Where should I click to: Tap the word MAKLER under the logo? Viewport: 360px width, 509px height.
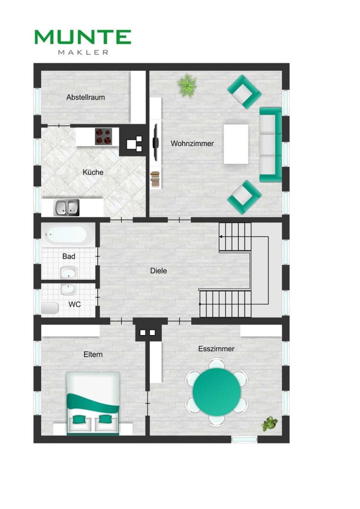pos(83,52)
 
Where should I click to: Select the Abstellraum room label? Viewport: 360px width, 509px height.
pos(86,97)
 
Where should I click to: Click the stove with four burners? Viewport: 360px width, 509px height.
pos(104,136)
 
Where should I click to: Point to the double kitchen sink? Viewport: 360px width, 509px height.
pos(66,208)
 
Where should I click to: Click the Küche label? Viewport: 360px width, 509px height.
pos(93,172)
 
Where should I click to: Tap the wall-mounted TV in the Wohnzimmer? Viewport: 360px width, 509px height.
pos(156,142)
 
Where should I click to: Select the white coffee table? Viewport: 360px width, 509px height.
pos(236,144)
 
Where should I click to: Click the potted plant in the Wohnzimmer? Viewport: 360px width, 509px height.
pos(187,85)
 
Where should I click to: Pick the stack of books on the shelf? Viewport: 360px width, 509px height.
pos(155,179)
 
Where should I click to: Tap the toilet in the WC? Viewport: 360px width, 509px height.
pos(49,308)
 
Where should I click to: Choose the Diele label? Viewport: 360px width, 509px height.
pos(158,271)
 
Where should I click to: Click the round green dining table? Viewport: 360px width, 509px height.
pos(217,392)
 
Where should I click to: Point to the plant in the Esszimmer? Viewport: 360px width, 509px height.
pos(270,424)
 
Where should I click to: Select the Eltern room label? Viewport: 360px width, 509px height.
pos(93,354)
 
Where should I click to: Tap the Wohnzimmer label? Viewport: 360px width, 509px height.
pos(192,143)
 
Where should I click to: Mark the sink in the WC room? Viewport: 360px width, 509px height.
pos(68,289)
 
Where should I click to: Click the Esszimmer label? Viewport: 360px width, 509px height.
pos(216,349)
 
